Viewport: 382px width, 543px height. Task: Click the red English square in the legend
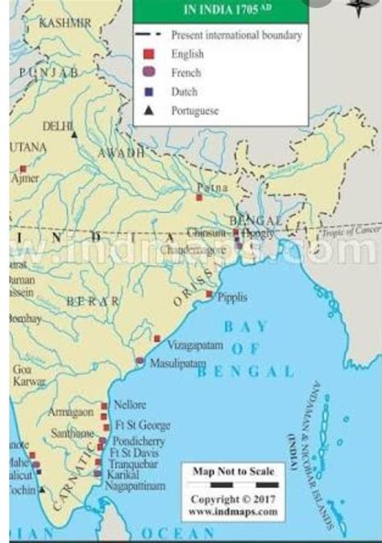tap(147, 54)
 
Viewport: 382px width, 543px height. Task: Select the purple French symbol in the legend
tap(147, 73)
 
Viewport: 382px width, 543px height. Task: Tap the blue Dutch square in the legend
tap(147, 92)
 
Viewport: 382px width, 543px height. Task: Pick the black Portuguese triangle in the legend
tap(147, 110)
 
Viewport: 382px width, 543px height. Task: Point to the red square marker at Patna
tap(199, 197)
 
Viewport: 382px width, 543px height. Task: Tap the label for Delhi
tap(57, 126)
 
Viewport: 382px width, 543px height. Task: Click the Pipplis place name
tap(230, 297)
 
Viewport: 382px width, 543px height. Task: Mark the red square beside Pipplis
tap(209, 295)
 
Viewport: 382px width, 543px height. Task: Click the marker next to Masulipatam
tap(140, 361)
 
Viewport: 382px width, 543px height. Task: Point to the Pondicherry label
tap(139, 442)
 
